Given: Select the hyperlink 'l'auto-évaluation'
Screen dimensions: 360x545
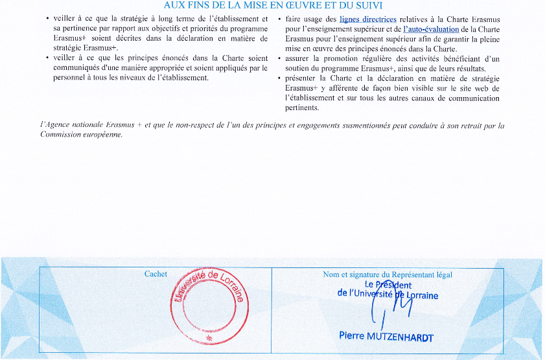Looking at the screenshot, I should (x=431, y=30).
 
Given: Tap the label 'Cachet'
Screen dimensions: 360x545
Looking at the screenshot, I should (x=156, y=275).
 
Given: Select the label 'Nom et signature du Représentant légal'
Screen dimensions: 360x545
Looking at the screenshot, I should (x=388, y=275).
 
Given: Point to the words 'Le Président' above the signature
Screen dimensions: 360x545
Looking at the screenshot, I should (x=388, y=285).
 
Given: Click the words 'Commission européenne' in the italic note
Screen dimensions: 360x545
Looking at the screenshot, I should (x=81, y=135).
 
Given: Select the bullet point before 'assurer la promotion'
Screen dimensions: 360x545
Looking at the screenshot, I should (x=278, y=60).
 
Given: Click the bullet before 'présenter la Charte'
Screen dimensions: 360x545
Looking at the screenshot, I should (x=278, y=79).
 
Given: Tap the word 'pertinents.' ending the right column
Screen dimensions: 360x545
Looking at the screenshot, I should (x=302, y=108).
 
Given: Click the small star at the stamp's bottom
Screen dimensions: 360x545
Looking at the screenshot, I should (x=207, y=339).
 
